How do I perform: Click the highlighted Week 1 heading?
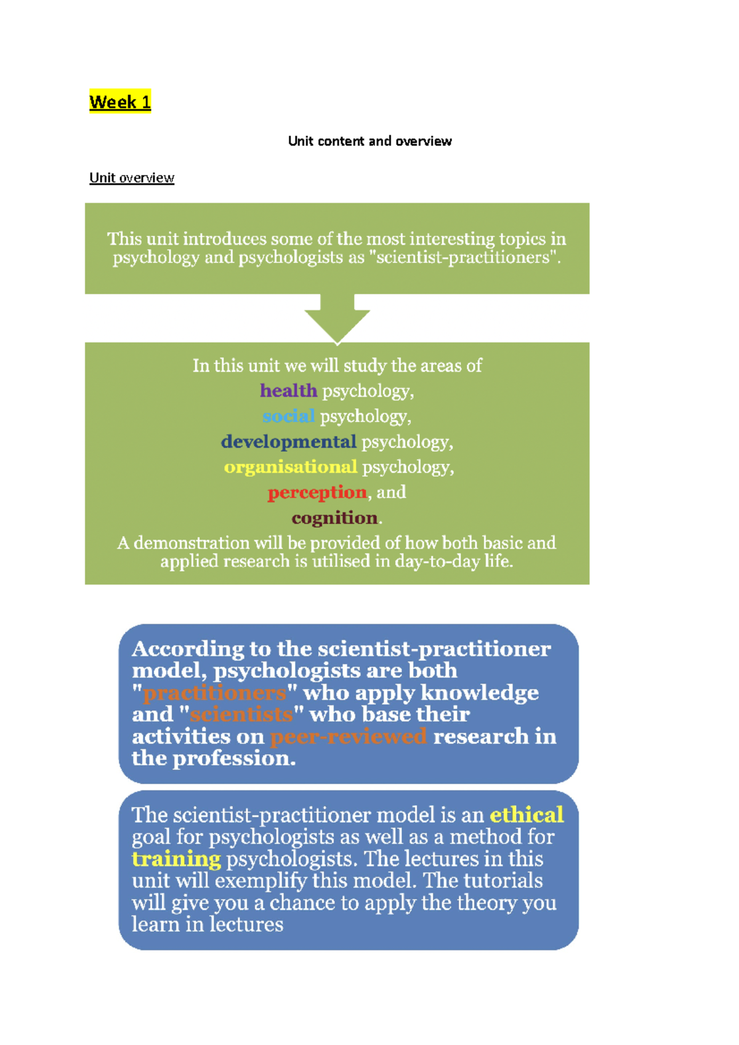(120, 102)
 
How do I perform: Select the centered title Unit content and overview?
(369, 141)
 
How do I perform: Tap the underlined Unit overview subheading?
(132, 178)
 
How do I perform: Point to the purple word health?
(288, 391)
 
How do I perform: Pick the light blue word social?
(288, 417)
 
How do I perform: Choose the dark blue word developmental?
(288, 442)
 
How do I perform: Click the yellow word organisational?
(290, 467)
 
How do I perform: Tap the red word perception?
(317, 492)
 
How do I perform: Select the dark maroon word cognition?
(334, 518)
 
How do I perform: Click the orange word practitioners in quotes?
(215, 693)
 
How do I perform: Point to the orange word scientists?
(241, 715)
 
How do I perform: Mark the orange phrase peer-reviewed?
(349, 737)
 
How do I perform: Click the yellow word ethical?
(527, 815)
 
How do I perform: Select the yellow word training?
(176, 859)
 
